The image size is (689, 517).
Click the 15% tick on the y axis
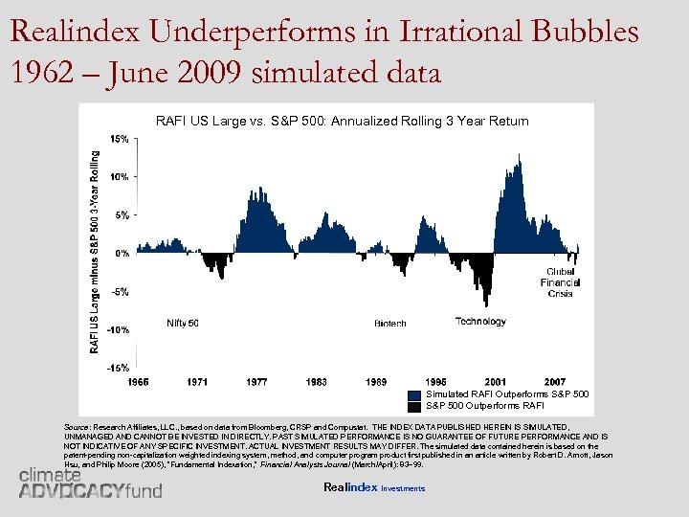tap(120, 139)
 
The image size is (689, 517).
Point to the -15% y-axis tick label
tap(118, 368)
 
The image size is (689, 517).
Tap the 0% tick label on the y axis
tap(122, 254)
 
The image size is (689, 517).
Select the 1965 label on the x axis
tap(139, 382)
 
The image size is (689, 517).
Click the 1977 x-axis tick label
tap(256, 382)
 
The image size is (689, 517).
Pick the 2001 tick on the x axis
tap(496, 382)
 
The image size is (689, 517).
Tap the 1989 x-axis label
tap(376, 382)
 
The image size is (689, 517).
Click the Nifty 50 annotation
tap(183, 323)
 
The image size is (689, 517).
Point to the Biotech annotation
tap(390, 324)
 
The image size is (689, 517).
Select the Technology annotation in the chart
tap(480, 322)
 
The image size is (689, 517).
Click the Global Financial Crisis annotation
tap(560, 282)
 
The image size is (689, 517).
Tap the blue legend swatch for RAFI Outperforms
tap(413, 394)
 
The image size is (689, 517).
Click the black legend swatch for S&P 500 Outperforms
tap(413, 406)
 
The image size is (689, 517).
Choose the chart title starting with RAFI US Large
tap(342, 121)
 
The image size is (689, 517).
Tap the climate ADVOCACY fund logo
tap(91, 483)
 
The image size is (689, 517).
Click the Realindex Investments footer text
tap(374, 488)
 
